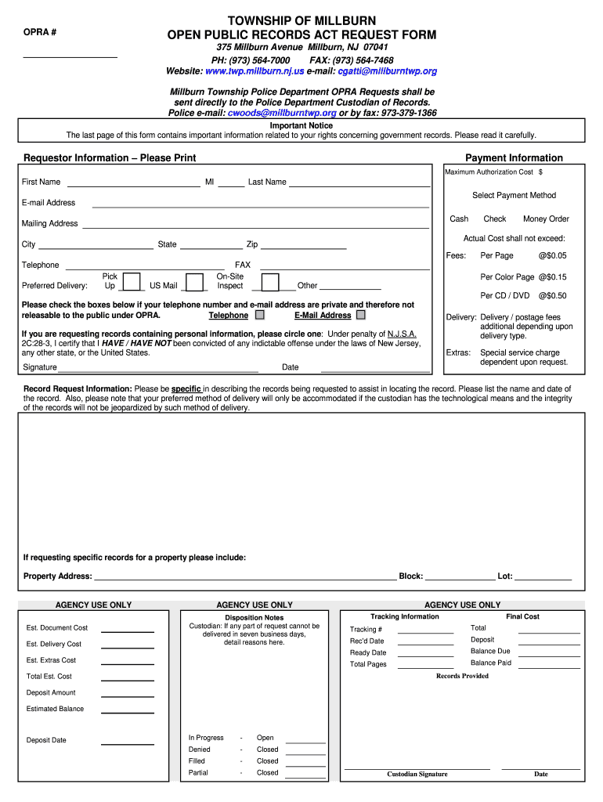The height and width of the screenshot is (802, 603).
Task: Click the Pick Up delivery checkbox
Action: click(132, 282)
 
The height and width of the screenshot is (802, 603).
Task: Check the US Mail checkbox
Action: click(195, 282)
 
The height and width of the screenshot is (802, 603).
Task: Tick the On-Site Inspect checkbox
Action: click(270, 282)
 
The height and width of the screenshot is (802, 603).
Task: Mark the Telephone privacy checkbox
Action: click(260, 316)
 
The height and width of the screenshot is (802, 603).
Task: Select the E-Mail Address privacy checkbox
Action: click(361, 316)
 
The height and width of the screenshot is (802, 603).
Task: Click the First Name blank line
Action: click(133, 186)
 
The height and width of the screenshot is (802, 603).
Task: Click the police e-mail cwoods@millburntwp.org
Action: click(281, 113)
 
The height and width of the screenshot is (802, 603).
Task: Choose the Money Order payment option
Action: click(546, 219)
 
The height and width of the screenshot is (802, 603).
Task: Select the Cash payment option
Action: click(459, 219)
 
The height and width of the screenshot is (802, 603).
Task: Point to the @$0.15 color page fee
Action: click(552, 277)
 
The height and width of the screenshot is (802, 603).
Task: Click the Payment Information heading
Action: click(514, 158)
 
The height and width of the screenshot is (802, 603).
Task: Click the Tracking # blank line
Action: click(425, 631)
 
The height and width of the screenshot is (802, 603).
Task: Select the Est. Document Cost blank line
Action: click(128, 630)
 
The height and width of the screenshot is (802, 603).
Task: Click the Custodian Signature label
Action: click(417, 775)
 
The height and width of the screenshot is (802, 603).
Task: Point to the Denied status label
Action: click(200, 750)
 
